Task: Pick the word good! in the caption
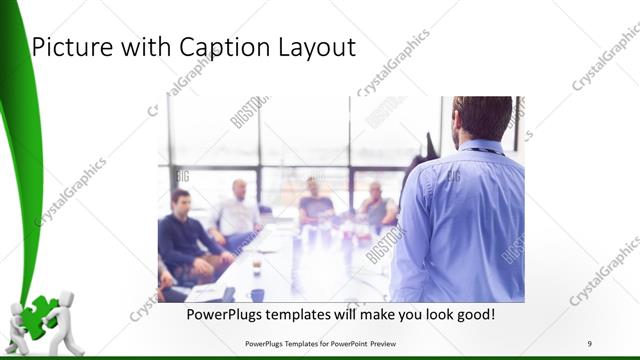click(x=472, y=314)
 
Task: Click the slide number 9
click(x=589, y=344)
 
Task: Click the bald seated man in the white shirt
click(x=236, y=211)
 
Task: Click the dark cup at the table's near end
click(x=257, y=294)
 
